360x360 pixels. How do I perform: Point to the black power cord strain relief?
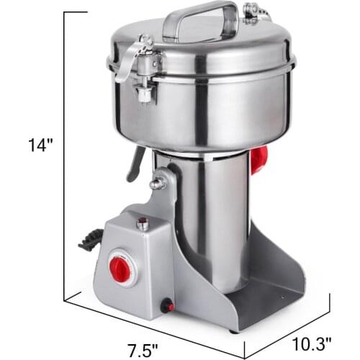click(89, 240)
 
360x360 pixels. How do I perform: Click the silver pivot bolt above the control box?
click(156, 183)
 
